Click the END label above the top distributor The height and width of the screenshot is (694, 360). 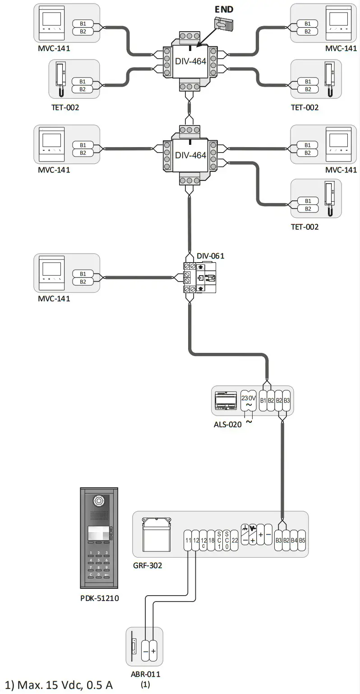pos(224,9)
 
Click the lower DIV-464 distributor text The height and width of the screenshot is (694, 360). pos(190,155)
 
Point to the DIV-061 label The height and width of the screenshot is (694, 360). pos(210,256)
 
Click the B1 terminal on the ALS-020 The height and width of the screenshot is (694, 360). pos(264,400)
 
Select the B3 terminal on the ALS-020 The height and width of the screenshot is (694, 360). pos(287,400)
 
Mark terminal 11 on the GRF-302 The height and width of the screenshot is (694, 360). pos(188,540)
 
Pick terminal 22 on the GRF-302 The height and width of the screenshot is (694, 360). pos(235,540)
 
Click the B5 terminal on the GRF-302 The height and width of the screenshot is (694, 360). pos(302,540)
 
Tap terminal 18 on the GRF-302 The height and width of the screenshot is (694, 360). pos(211,540)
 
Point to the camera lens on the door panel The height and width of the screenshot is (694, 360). pos(98,500)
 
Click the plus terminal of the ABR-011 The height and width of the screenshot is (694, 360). pos(153,651)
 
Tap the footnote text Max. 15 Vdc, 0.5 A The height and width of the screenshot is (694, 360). pos(59,685)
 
